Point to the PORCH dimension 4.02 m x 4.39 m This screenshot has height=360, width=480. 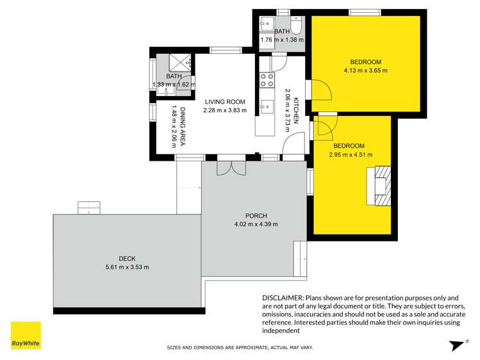255,224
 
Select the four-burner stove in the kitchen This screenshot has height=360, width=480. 266,80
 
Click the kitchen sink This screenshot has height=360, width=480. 266,106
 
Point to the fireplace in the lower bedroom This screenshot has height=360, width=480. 381,185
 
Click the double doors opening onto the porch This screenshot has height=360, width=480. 231,167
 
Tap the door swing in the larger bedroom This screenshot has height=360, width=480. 322,90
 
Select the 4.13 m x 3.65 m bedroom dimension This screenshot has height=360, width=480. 365,70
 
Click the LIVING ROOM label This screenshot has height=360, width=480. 225,101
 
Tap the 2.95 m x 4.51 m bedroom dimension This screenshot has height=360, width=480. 351,154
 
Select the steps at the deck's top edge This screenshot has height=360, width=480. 88,208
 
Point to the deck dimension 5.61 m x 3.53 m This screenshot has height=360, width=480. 128,267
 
